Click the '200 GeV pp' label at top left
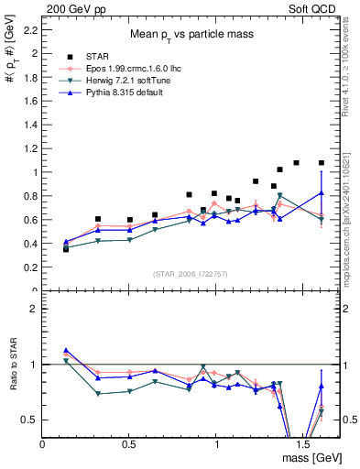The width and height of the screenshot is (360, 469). [72, 7]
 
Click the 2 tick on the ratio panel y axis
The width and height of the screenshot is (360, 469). [35, 309]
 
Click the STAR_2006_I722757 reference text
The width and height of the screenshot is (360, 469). [191, 275]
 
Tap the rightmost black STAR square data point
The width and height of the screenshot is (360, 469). [322, 163]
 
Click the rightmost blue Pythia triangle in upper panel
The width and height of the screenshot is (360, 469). [322, 192]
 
